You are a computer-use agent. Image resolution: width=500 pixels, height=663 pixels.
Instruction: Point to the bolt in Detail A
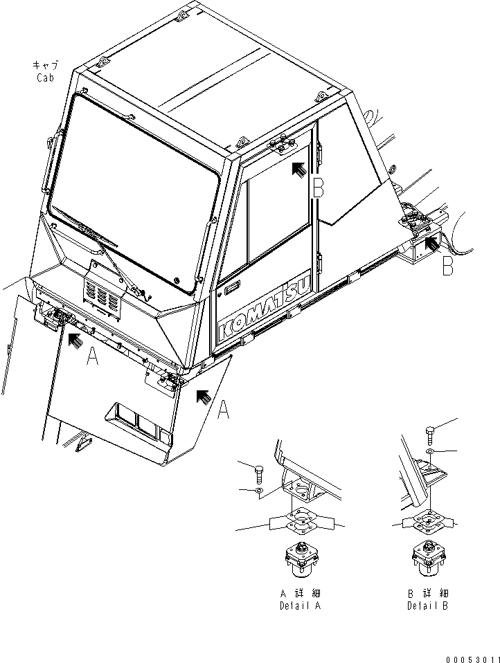pos(259,474)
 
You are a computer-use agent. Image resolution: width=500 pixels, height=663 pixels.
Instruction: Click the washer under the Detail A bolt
pos(259,491)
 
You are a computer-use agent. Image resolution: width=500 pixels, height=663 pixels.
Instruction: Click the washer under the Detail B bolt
pos(429,452)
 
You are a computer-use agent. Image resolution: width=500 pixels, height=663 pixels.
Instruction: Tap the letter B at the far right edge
pos(448,264)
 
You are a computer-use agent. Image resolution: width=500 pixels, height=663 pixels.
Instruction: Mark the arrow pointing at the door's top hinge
pos(298,169)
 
